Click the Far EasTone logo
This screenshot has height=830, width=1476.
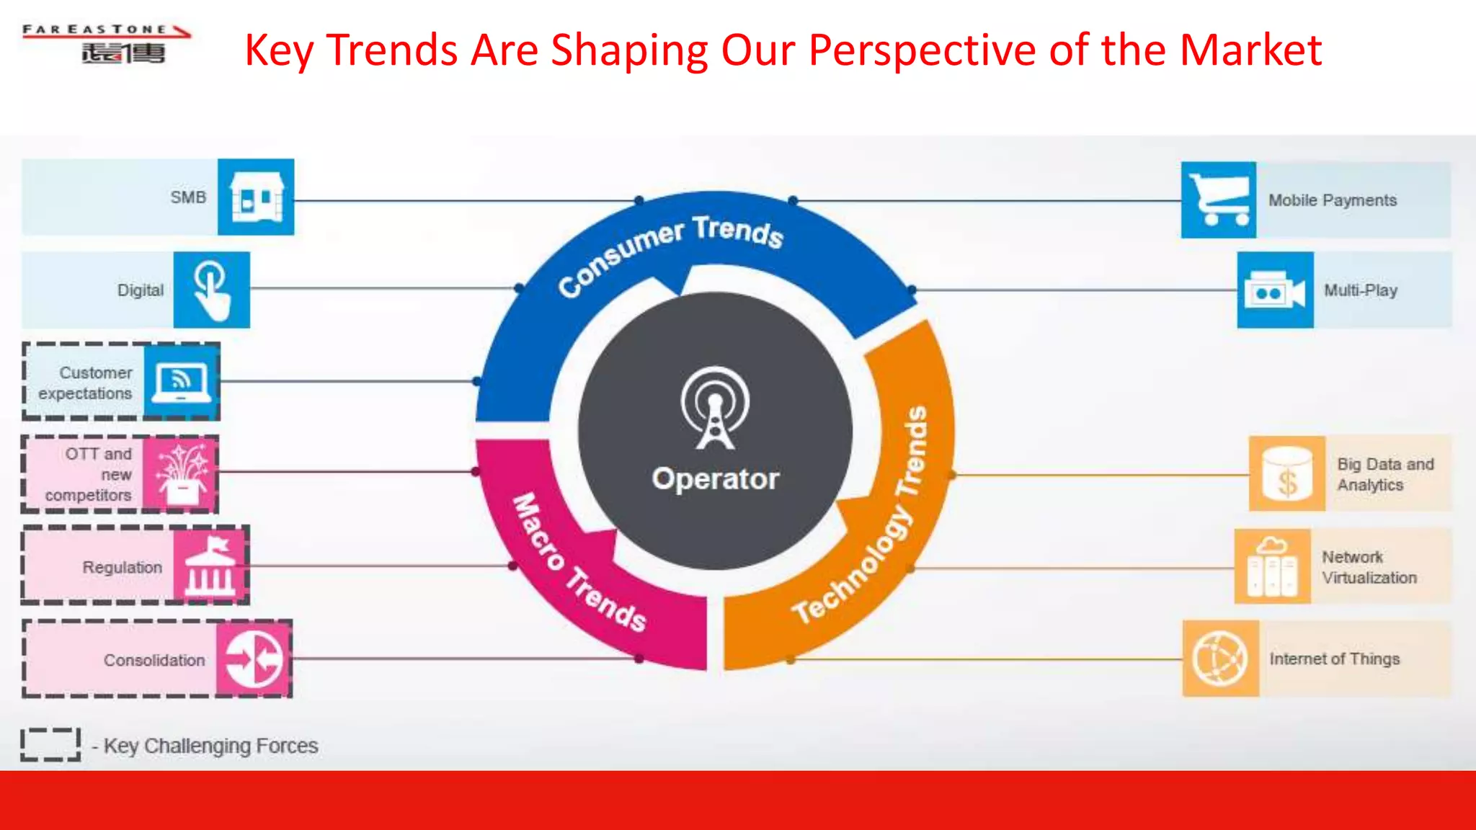(x=107, y=43)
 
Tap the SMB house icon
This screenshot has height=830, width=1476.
(x=256, y=197)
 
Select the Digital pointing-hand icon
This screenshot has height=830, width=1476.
(x=211, y=290)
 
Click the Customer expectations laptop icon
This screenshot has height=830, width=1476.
(x=181, y=382)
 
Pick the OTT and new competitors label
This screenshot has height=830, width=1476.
(x=89, y=474)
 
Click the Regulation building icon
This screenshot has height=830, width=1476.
(x=210, y=566)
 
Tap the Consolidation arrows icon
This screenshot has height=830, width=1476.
(x=253, y=659)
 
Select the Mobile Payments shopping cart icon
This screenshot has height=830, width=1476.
(x=1218, y=200)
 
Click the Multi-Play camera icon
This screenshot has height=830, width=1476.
(x=1275, y=290)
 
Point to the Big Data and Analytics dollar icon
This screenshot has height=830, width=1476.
(x=1286, y=473)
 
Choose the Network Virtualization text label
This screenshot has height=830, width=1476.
(x=1369, y=567)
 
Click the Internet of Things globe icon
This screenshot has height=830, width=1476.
(x=1219, y=659)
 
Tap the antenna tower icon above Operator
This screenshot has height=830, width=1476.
(x=714, y=409)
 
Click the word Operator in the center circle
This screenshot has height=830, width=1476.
(x=715, y=479)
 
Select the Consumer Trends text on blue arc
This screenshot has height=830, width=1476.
(x=670, y=252)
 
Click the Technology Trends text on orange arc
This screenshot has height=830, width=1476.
(x=865, y=519)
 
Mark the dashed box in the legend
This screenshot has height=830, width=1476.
(x=50, y=744)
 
